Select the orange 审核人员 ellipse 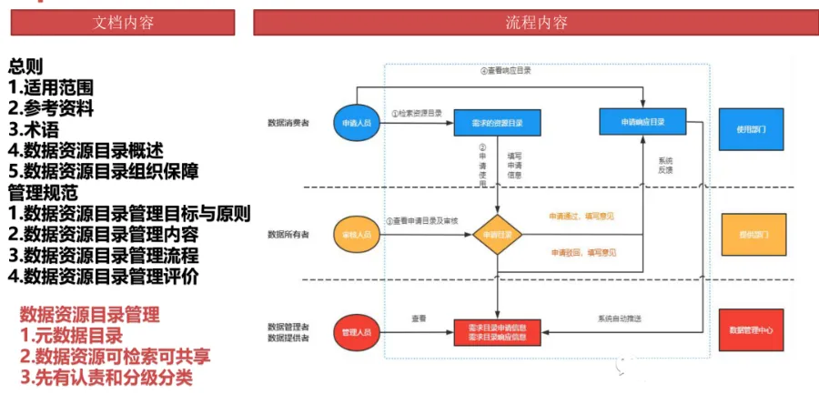(356, 234)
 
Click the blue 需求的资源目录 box (496, 121)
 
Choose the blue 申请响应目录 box (643, 121)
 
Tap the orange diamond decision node (497, 234)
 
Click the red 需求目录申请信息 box (497, 331)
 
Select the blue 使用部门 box (751, 129)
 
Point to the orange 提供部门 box (751, 234)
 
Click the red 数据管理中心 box (751, 330)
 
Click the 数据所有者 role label (288, 235)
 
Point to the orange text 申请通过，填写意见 (581, 217)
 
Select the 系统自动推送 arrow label (620, 319)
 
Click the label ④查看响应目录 (505, 71)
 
